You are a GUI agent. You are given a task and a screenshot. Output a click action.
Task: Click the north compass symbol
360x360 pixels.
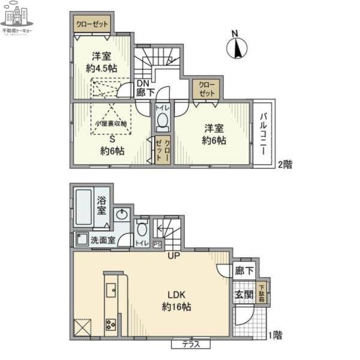(238, 47)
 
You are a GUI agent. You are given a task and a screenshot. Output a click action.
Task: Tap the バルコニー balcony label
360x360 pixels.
(263, 131)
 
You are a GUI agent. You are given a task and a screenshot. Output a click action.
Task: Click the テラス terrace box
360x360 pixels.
(191, 345)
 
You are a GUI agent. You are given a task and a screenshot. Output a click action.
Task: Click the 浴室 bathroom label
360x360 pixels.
(102, 206)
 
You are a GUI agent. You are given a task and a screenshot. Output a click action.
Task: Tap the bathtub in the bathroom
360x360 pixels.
(85, 206)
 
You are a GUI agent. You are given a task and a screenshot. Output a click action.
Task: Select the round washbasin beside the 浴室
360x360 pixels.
(122, 214)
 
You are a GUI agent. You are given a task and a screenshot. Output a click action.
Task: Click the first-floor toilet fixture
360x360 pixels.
(142, 229)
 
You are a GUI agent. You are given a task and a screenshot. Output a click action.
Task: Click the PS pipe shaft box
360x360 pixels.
(157, 244)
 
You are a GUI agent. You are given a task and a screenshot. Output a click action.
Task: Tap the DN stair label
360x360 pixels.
(143, 83)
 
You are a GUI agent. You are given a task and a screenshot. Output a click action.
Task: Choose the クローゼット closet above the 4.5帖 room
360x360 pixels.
(92, 25)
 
